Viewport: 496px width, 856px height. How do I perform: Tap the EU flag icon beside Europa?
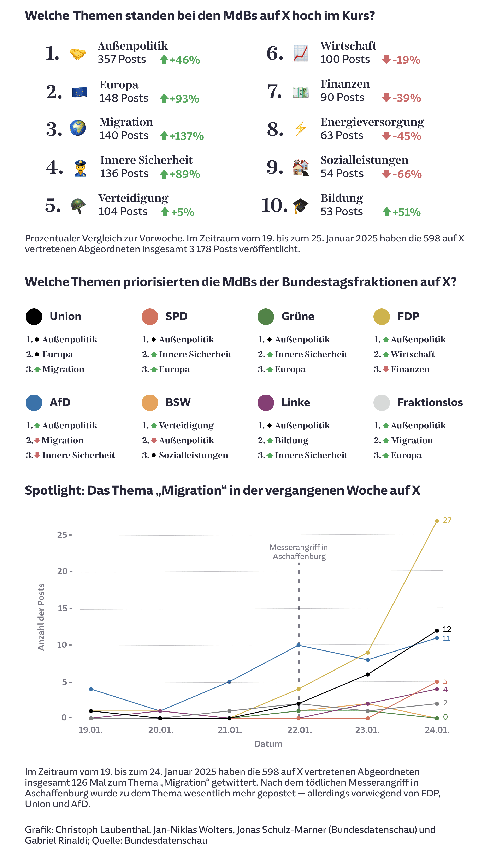pyautogui.click(x=79, y=92)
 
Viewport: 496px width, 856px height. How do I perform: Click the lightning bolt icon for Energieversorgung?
pyautogui.click(x=300, y=129)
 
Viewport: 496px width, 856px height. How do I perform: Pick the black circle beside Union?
pyautogui.click(x=34, y=317)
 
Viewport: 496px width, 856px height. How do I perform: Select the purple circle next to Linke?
pyautogui.click(x=266, y=403)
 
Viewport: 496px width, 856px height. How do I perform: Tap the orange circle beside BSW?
pyautogui.click(x=150, y=403)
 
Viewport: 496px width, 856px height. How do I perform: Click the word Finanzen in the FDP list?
pyautogui.click(x=410, y=369)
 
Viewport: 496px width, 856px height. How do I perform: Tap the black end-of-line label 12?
pyautogui.click(x=447, y=629)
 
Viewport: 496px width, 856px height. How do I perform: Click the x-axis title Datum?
pyautogui.click(x=268, y=744)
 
